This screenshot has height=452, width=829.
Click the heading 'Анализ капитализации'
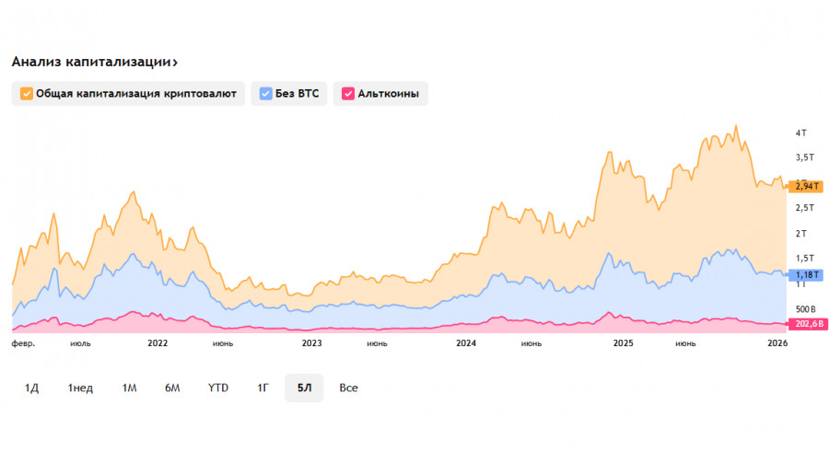94,62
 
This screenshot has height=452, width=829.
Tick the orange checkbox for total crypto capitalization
26,93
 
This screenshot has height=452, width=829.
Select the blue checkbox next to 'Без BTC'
265,93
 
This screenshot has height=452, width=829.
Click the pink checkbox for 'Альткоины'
347,93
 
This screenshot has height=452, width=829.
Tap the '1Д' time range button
31,388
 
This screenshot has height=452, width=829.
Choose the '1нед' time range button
80,388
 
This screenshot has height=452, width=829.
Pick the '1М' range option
129,388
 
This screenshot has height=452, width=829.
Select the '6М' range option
172,388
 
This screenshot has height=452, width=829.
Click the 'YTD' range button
218,388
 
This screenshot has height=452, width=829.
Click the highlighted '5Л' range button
304,388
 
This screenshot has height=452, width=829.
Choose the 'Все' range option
348,388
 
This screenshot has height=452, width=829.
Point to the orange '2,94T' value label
806,186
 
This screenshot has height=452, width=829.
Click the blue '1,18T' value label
806,273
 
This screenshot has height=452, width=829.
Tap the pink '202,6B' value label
806,323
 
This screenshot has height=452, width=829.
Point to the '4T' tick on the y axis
800,133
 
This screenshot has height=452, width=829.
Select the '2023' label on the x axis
312,343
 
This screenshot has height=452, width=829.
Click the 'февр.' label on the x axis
23,343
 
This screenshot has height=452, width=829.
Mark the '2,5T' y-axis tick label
804,208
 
